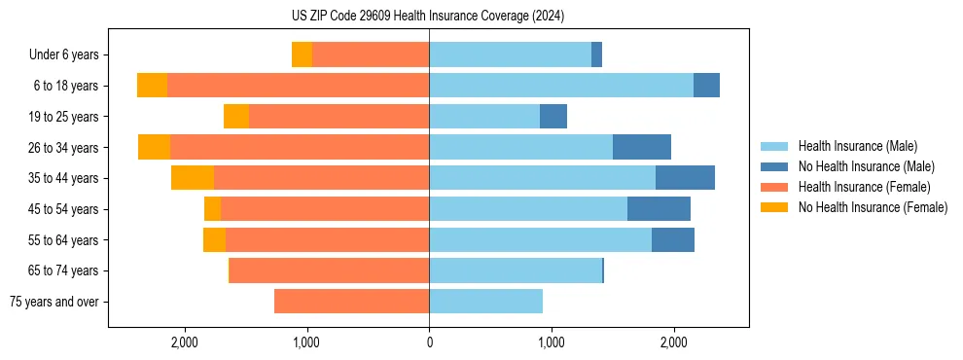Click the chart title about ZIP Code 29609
pos(428,16)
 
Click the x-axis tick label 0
pos(429,342)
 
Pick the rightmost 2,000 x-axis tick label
pos(674,342)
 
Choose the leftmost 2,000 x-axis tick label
pos(184,342)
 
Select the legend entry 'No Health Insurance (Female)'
pos(873,207)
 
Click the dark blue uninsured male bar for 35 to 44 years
pos(685,178)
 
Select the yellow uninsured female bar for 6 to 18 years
pos(152,86)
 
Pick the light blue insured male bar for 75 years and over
pos(485,302)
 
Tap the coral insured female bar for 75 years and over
pos(351,302)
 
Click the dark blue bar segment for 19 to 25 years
pos(553,117)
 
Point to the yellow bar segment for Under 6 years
pos(302,55)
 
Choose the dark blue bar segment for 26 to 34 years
pos(642,148)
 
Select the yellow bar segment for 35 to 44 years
pos(193,178)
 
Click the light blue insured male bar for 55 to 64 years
pos(540,240)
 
